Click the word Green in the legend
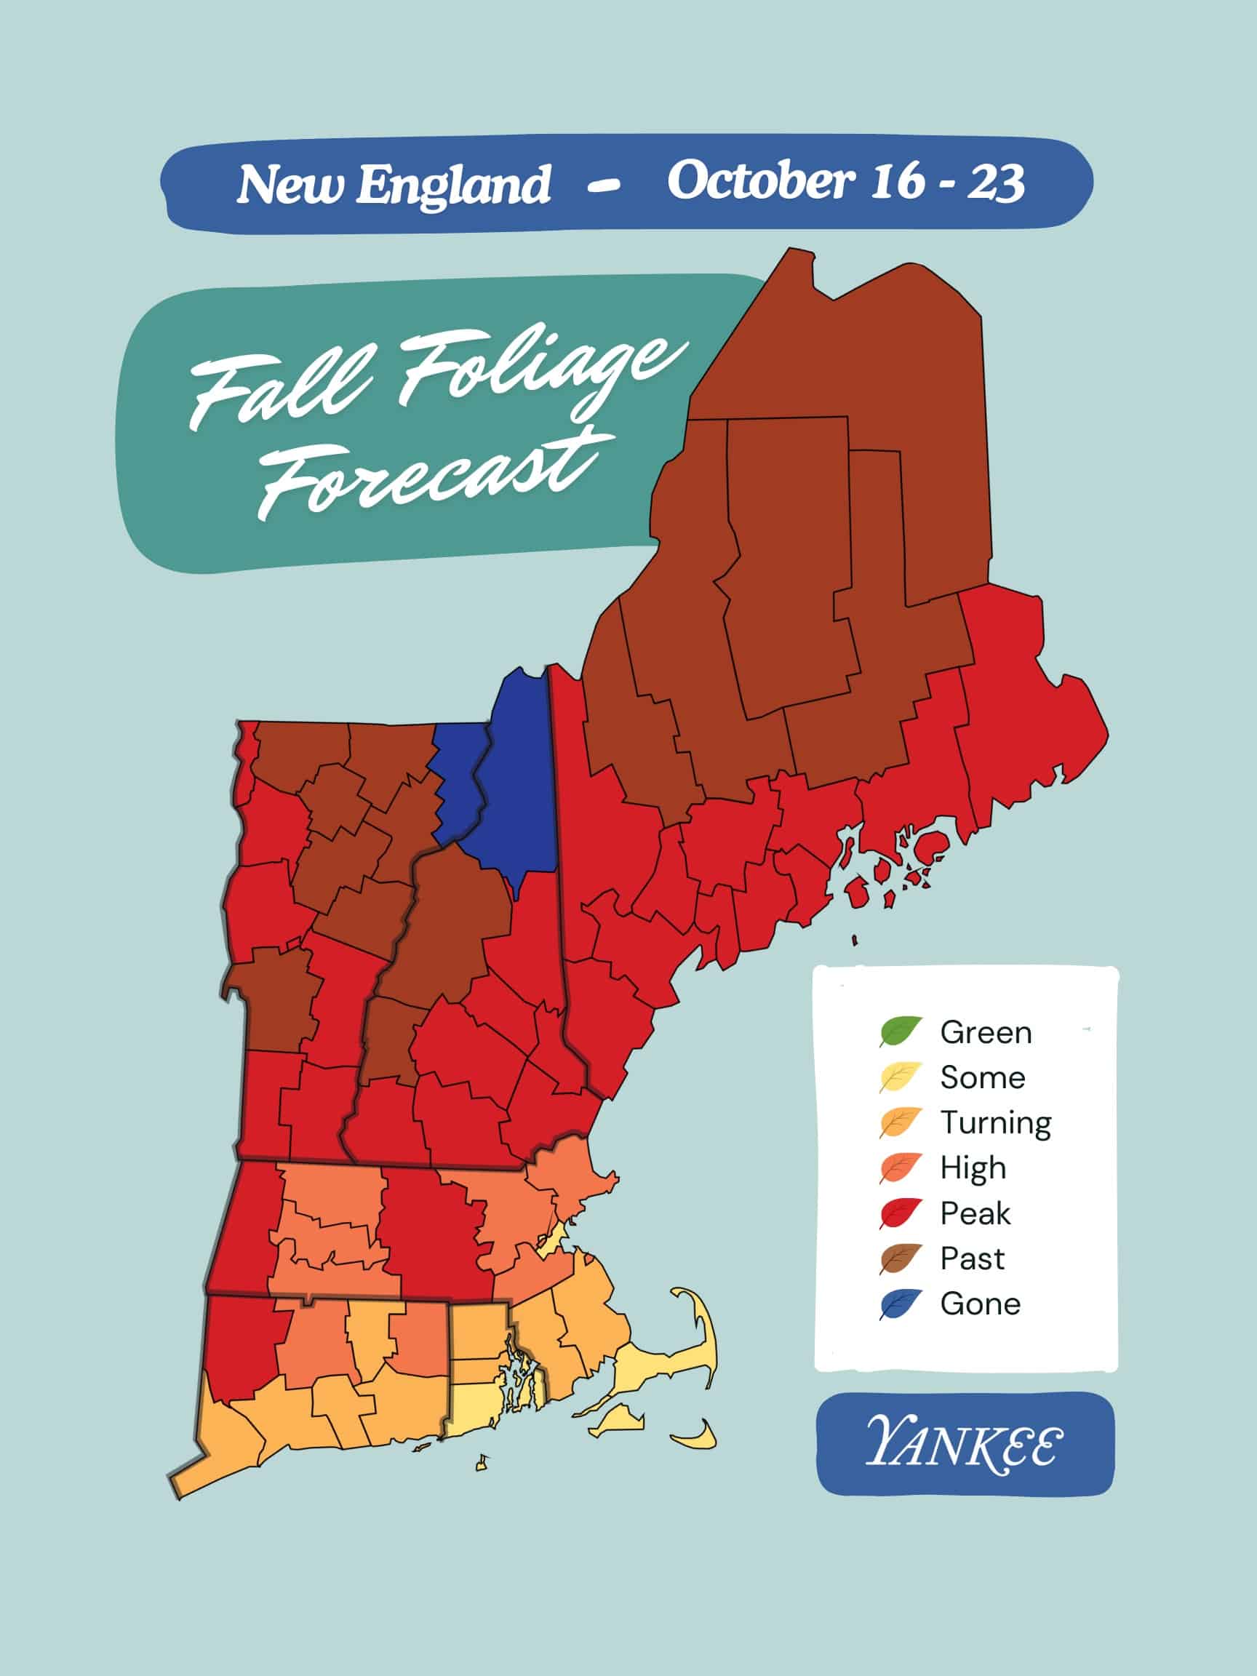coord(985,1033)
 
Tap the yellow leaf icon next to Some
coord(900,1077)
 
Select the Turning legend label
coord(995,1122)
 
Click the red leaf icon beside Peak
coord(900,1213)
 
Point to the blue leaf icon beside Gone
coord(900,1304)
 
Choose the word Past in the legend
coord(971,1258)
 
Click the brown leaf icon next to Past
coord(900,1258)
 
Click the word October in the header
coord(760,181)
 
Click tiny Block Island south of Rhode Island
coord(481,1464)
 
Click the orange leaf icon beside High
coord(900,1168)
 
